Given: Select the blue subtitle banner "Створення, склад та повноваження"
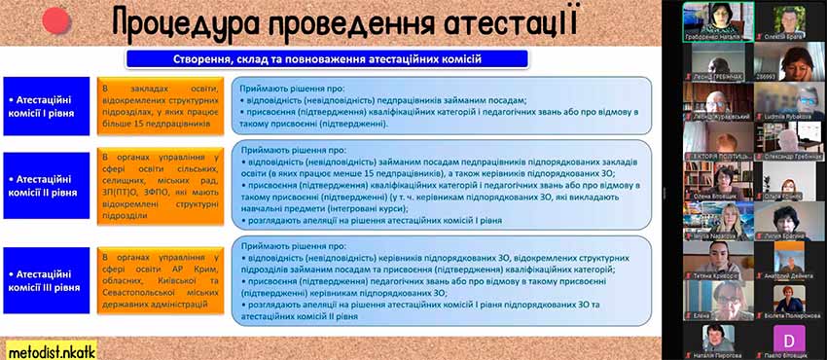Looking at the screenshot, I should [x=327, y=59].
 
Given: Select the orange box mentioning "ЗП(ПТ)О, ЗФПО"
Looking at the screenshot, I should [x=162, y=185].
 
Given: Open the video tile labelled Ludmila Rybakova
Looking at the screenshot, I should [x=789, y=99].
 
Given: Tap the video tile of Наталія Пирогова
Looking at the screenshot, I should [x=718, y=339].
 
